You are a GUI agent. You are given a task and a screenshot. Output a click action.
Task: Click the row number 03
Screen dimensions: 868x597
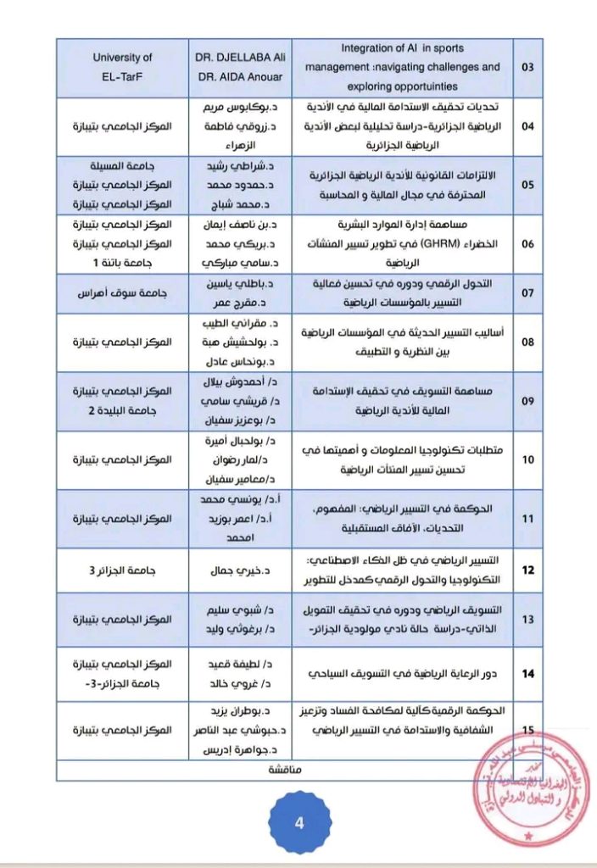point(527,67)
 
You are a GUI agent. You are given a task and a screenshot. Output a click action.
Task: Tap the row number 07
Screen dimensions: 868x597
point(527,294)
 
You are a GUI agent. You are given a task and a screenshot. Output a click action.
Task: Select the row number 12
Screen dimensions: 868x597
point(527,570)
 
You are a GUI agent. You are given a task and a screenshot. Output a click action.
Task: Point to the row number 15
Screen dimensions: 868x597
point(527,730)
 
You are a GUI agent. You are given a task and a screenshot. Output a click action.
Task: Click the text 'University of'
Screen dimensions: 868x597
point(122,58)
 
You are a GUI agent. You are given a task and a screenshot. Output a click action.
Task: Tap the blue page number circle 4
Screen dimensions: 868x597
point(298,824)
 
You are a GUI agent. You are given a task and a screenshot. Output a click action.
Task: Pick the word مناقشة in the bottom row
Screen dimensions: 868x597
point(287,771)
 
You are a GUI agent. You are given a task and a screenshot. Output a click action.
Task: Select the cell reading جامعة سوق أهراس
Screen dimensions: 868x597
point(122,294)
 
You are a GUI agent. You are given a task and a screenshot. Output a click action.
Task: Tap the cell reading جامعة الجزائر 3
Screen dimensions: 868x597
point(122,570)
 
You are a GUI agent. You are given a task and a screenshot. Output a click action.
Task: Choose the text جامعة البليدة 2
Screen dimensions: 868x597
point(122,410)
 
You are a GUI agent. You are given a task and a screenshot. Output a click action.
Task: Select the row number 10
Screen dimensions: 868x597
point(527,459)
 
